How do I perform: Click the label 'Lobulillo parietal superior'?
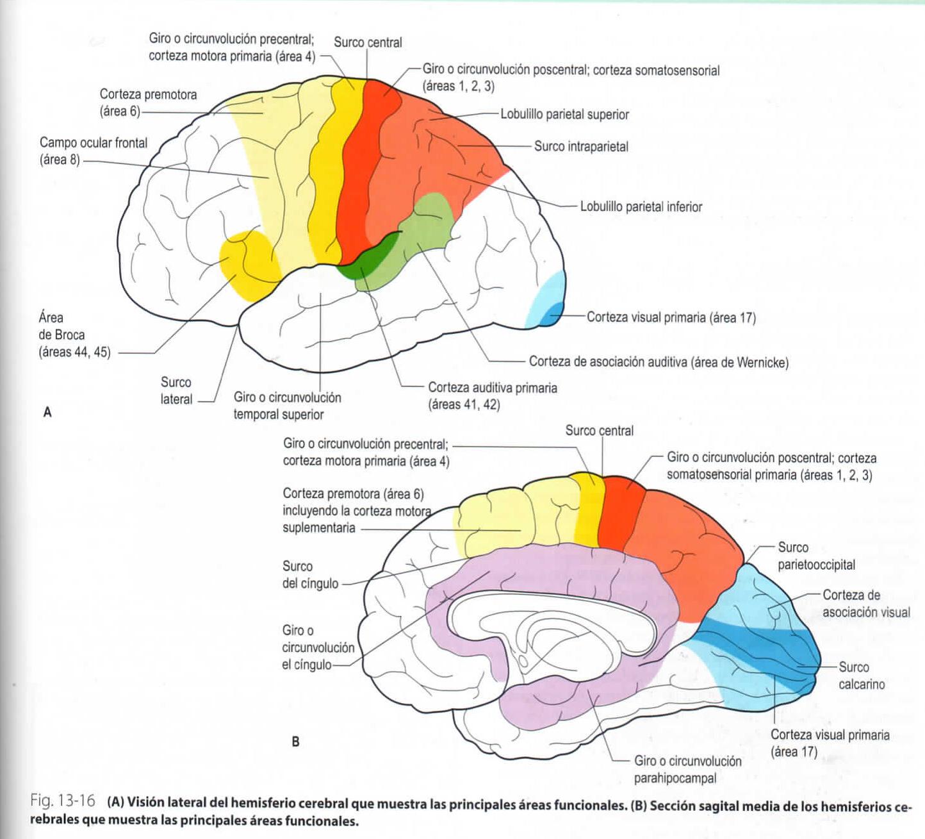(564, 115)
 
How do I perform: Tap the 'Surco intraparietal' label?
(581, 147)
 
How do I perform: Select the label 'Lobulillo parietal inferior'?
(641, 207)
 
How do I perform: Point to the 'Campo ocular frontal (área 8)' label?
(93, 151)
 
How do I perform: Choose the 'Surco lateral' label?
(176, 390)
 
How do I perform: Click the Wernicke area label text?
(659, 362)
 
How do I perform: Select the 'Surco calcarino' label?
(861, 676)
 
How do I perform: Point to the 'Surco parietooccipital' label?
(815, 556)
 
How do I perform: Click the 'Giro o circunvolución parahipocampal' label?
(687, 769)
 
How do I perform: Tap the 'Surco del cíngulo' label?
(309, 575)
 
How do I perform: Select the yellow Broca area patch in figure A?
(247, 264)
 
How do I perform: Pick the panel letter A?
(47, 412)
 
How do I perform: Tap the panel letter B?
(295, 742)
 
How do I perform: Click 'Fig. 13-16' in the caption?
(63, 801)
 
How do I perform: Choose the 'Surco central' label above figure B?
(599, 431)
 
